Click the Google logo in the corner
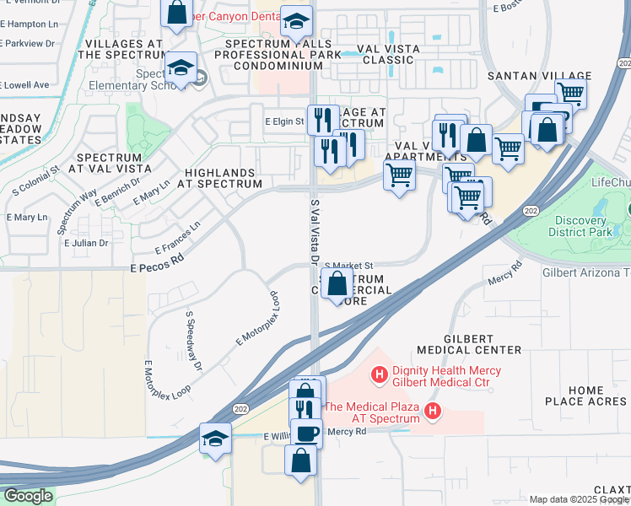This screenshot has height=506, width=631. (27, 496)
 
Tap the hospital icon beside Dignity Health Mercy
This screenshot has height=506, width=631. (380, 372)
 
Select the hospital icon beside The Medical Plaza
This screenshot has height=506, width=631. (433, 412)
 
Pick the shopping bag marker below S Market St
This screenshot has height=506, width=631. (337, 284)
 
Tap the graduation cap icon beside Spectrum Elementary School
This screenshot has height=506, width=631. (181, 66)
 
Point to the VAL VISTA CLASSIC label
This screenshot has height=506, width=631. (391, 54)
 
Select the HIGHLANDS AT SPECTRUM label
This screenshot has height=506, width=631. (224, 178)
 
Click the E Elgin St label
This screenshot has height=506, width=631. (283, 122)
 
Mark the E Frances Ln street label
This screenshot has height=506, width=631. (178, 238)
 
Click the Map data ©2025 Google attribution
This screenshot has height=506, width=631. (579, 499)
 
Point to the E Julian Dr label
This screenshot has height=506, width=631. (86, 243)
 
